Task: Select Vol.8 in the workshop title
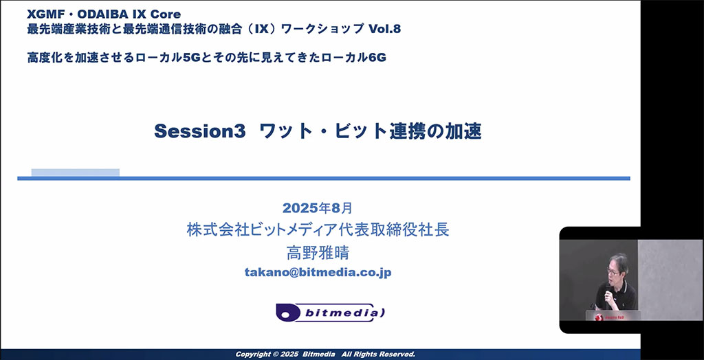click(x=384, y=29)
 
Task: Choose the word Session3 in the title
click(x=200, y=131)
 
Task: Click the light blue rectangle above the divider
click(x=76, y=173)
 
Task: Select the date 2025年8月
click(x=318, y=208)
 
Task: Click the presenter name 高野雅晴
click(x=318, y=252)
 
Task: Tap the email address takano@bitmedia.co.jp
click(x=318, y=273)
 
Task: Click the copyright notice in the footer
click(x=325, y=355)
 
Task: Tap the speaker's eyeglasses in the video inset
click(x=613, y=271)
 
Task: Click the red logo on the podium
click(x=598, y=317)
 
